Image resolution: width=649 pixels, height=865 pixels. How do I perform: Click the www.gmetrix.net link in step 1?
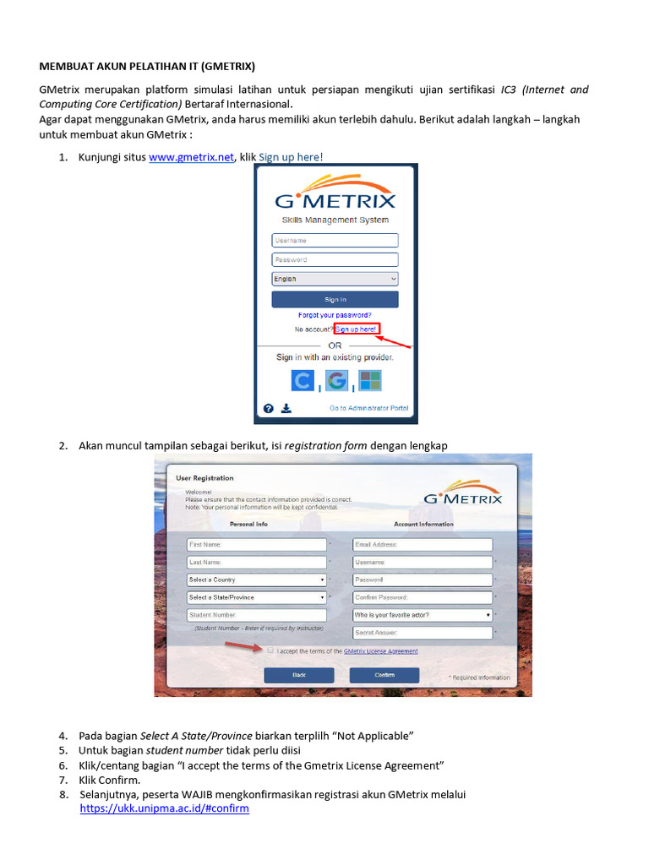(x=191, y=157)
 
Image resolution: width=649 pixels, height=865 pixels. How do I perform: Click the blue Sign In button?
(x=335, y=299)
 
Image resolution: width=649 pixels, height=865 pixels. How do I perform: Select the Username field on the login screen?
(x=335, y=241)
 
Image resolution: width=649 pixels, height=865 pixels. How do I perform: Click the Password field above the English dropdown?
(x=335, y=260)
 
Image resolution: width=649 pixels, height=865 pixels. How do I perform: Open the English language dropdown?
(x=335, y=279)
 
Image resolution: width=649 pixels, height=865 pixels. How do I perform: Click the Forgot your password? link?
(x=335, y=315)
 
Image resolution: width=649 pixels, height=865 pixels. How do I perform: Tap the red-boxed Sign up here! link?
(x=357, y=329)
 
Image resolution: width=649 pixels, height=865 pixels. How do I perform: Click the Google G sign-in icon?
(x=336, y=381)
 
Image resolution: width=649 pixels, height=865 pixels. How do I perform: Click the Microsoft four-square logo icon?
(x=370, y=381)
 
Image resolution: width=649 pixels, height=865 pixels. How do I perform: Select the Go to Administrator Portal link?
(x=368, y=408)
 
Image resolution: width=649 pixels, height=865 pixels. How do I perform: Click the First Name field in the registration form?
(x=257, y=545)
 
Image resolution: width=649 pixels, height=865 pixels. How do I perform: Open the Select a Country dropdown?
(x=257, y=580)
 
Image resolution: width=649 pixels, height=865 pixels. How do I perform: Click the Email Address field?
(x=423, y=545)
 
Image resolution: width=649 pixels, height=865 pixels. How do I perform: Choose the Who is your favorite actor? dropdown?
(x=423, y=616)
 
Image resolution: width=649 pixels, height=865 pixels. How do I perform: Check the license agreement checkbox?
(x=270, y=651)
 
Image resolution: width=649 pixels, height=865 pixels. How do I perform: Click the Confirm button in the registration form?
(x=384, y=675)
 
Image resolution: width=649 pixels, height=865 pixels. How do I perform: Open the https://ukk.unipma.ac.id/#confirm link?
(x=164, y=808)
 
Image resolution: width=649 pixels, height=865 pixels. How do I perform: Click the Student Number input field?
(x=257, y=616)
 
